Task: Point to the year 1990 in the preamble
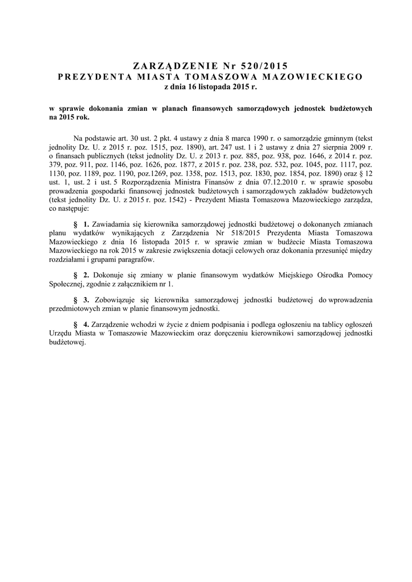pos(228,138)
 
